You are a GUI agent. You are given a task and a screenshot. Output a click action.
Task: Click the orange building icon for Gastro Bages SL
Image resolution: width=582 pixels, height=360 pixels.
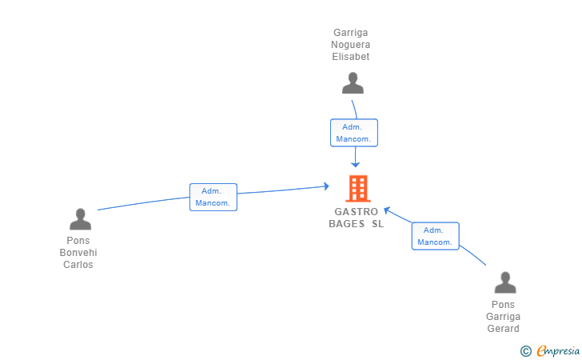357,189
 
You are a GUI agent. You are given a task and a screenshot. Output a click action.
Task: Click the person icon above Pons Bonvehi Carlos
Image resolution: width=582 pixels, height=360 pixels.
80,218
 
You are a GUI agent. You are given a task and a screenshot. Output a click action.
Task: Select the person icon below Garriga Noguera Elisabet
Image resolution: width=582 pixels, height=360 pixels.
352,82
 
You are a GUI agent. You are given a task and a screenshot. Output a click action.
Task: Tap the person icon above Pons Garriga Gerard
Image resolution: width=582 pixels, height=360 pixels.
504,282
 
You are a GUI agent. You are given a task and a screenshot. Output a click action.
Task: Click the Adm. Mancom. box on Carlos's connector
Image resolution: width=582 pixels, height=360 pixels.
213,197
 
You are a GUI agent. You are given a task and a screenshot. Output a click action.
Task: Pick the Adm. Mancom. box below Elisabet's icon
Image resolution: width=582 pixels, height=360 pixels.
354,133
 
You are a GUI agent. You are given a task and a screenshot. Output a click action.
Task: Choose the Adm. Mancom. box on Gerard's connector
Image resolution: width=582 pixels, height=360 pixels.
436,236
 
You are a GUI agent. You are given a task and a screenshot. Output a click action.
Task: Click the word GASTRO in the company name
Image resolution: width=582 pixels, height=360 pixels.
357,212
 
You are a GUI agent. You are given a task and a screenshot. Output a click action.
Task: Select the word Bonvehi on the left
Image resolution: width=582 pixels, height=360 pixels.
78,253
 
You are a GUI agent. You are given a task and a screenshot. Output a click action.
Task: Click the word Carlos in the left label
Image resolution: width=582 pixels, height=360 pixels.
78,265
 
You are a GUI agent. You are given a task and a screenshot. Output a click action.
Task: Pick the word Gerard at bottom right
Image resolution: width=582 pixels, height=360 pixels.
503,329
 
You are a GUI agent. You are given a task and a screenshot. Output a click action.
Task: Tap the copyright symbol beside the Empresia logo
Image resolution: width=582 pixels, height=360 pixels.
525,350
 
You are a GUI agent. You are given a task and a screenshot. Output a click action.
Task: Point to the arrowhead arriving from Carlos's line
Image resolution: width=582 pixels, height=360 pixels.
326,186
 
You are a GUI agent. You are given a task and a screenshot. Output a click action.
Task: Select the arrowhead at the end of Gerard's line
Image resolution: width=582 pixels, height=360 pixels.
387,210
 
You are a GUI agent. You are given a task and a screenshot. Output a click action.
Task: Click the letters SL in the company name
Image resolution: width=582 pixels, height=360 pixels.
377,224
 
